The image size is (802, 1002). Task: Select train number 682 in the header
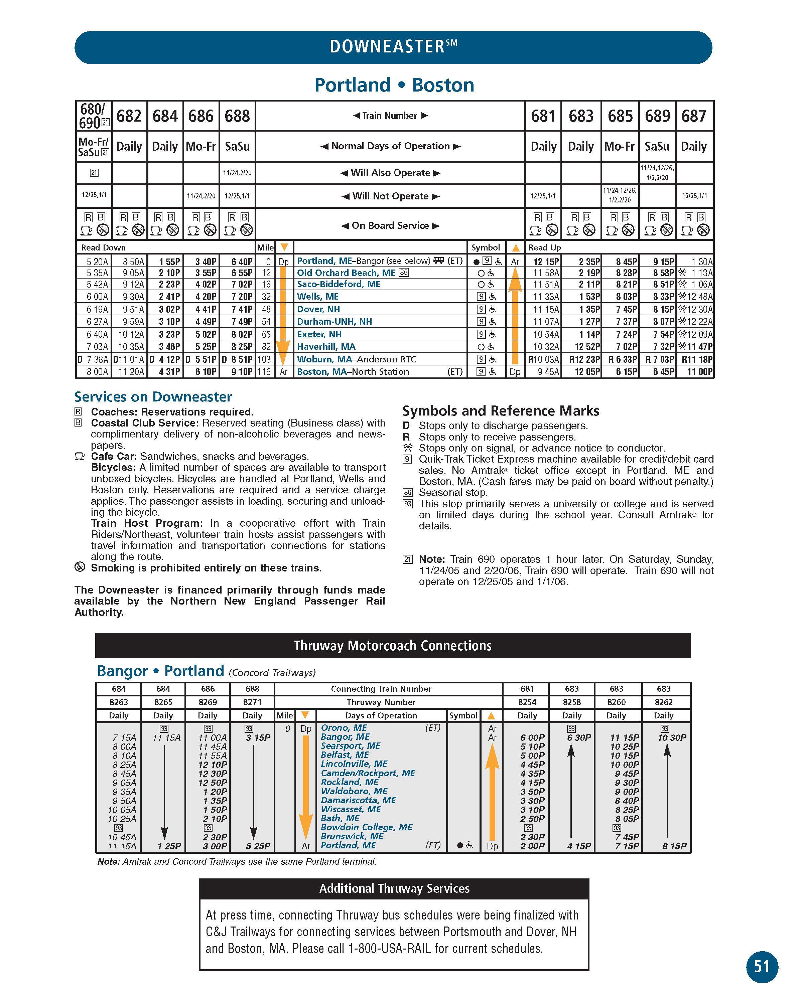pyautogui.click(x=129, y=116)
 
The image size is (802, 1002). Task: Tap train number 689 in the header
pyautogui.click(x=657, y=116)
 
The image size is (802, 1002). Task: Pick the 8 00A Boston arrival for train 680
pyautogui.click(x=97, y=372)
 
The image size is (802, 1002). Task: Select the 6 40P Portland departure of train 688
pyautogui.click(x=242, y=262)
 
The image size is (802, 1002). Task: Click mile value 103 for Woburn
pyautogui.click(x=264, y=359)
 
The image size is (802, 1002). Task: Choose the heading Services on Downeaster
pyautogui.click(x=153, y=397)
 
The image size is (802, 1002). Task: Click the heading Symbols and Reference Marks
pyautogui.click(x=501, y=411)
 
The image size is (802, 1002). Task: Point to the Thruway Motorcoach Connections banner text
pyautogui.click(x=393, y=646)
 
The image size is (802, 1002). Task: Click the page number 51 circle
pyautogui.click(x=762, y=967)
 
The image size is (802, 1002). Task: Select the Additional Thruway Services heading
pyautogui.click(x=394, y=888)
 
